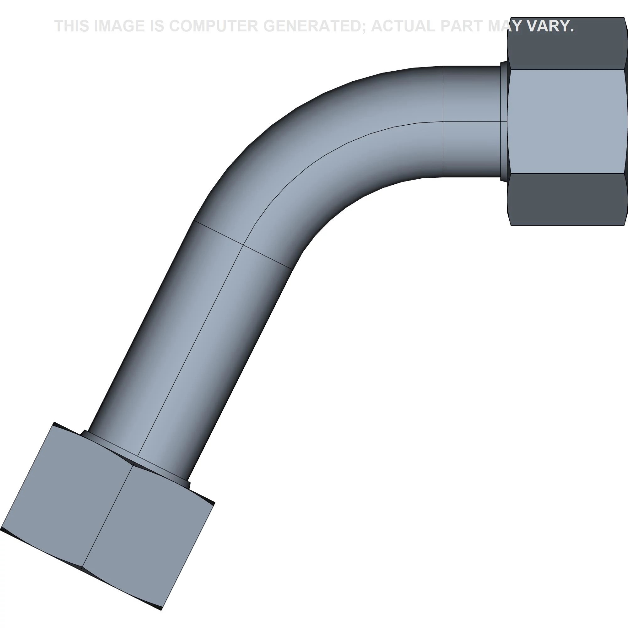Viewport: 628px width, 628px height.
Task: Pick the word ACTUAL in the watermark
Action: pyautogui.click(x=403, y=26)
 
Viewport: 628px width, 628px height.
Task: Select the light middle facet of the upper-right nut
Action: pyautogui.click(x=567, y=121)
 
